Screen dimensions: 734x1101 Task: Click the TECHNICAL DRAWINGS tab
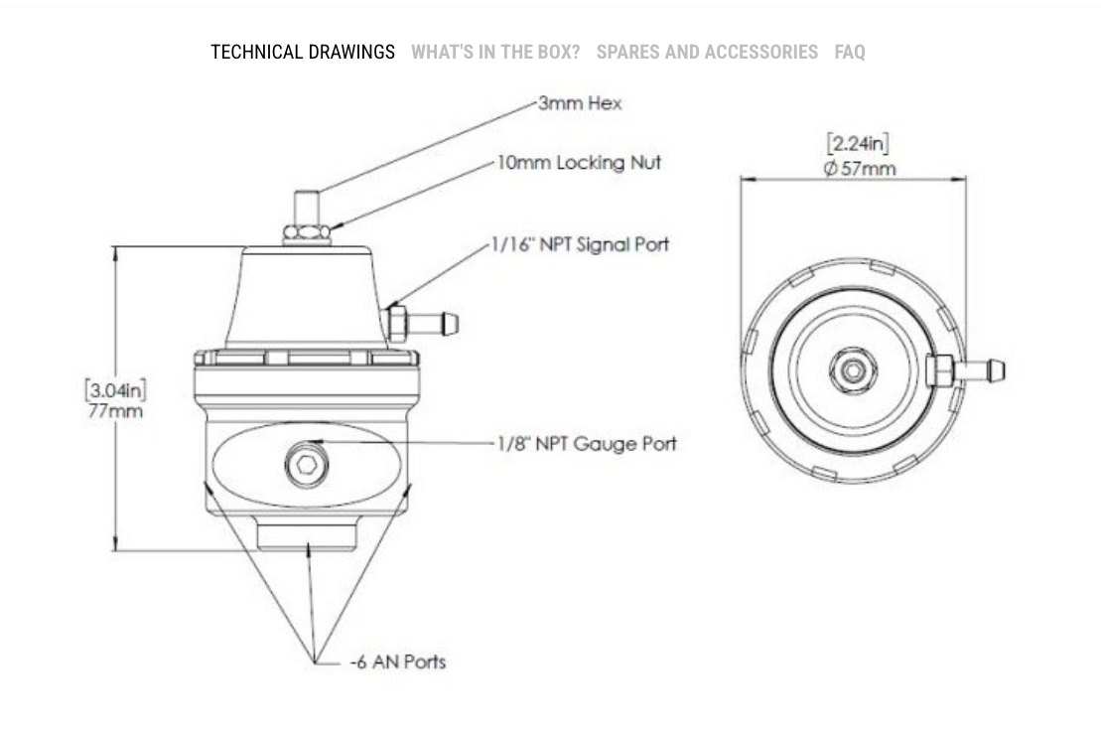tap(302, 52)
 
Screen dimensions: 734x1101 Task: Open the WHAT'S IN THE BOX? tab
tap(495, 52)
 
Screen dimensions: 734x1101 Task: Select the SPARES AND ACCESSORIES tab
tap(707, 52)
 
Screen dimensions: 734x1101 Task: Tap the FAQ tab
tap(849, 52)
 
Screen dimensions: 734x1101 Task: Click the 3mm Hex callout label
tap(580, 103)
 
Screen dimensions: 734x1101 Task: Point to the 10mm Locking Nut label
tap(579, 163)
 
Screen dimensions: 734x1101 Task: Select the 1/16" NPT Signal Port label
tap(581, 244)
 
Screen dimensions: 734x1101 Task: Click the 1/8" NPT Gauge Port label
tap(586, 444)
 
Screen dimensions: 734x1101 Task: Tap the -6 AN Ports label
tap(398, 661)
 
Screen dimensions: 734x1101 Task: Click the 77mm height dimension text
tap(115, 410)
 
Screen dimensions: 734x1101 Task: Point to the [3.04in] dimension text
tap(115, 389)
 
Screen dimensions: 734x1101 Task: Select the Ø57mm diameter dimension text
tap(859, 168)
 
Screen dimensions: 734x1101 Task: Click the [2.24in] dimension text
tap(858, 145)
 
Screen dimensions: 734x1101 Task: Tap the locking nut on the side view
tap(307, 234)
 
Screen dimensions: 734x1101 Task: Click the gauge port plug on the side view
tap(307, 464)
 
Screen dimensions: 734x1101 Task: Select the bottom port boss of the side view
tap(307, 533)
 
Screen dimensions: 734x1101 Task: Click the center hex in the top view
tap(853, 370)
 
